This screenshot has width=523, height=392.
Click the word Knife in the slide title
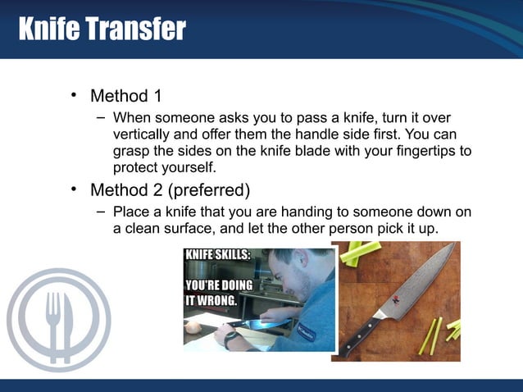click(x=48, y=30)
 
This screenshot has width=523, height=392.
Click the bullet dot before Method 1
click(x=73, y=95)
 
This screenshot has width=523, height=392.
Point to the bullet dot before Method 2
click(x=73, y=190)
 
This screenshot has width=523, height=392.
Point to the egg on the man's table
click(x=194, y=326)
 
